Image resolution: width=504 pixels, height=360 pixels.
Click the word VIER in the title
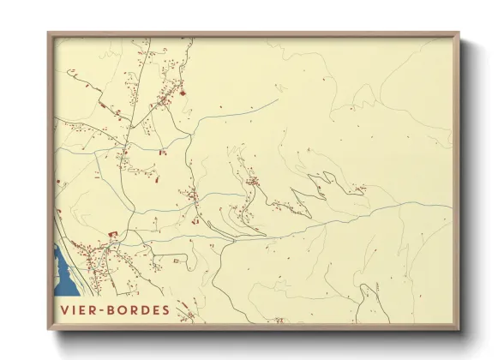[x=78, y=309]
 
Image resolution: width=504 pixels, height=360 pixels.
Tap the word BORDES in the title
[x=137, y=309]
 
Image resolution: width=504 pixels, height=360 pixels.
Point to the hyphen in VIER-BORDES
[x=101, y=309]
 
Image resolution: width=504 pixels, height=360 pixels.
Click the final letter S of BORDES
[x=165, y=309]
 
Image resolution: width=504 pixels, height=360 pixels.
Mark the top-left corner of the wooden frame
[x=48, y=33]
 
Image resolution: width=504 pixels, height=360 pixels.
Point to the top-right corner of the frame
[x=459, y=33]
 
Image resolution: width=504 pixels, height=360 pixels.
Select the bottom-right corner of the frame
[x=459, y=330]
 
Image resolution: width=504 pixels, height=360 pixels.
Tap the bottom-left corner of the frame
[x=48, y=330]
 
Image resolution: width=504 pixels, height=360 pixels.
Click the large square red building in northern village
[x=181, y=92]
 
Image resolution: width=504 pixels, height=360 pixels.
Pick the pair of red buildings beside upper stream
[x=161, y=153]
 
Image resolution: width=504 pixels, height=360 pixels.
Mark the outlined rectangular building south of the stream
[x=178, y=259]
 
